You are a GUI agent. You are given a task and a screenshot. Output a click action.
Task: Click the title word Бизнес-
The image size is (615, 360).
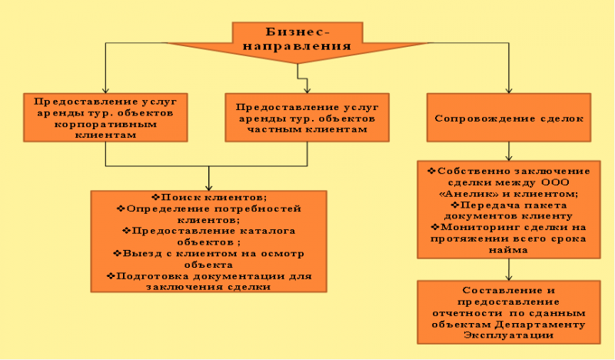coord(298,32)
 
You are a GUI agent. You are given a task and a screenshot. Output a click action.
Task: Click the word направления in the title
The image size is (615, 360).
coord(297,46)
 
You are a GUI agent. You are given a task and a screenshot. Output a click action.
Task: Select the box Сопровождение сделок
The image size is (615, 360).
coord(509,118)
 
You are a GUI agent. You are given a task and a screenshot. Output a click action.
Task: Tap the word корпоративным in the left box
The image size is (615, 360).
coord(105,125)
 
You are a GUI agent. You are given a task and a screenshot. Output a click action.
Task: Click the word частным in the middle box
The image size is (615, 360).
coord(274,129)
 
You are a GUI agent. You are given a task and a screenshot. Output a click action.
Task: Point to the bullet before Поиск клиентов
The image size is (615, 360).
coord(156,197)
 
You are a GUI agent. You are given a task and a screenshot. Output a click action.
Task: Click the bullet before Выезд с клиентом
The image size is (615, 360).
coord(118,253)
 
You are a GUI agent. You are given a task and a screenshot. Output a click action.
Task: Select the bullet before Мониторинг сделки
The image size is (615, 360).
coord(435,227)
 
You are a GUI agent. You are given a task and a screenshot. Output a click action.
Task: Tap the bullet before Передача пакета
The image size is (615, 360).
coord(455,205)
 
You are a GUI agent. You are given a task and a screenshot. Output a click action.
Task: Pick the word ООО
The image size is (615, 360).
coord(555,182)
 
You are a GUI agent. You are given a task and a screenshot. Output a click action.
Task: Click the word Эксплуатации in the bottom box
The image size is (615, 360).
coord(509,335)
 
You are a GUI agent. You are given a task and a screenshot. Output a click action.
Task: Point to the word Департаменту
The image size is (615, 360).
coord(540,325)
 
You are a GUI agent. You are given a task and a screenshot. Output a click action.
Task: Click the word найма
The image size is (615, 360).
coord(508,250)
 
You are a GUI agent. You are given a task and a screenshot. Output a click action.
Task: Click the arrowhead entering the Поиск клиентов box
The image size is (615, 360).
coord(208,187)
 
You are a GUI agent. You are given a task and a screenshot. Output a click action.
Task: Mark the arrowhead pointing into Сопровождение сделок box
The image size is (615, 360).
coord(509,89)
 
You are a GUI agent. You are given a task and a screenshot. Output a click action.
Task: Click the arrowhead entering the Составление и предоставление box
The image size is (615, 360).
coord(509,277)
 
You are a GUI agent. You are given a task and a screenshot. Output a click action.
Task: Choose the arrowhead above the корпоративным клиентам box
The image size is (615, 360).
coord(105,89)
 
